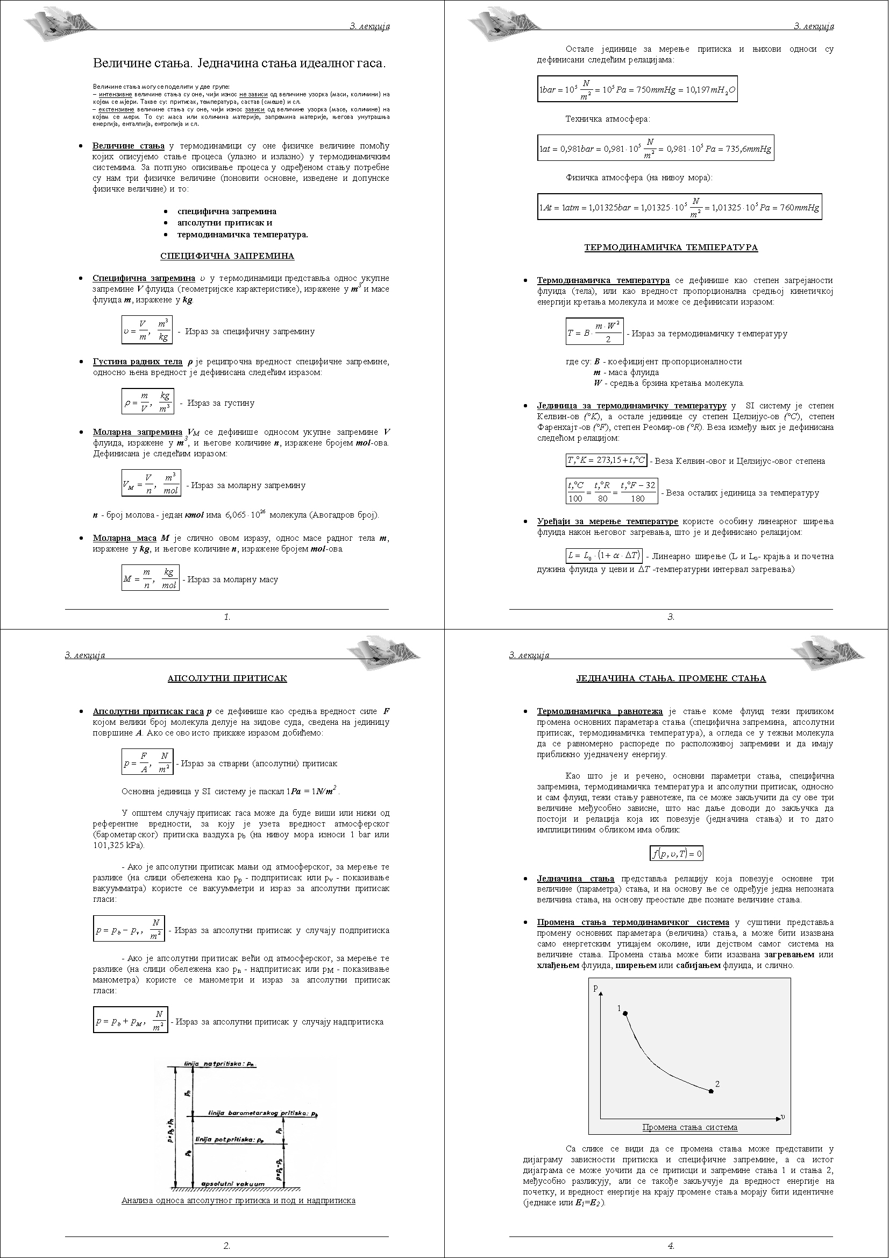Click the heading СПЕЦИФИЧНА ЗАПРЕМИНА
coord(227,256)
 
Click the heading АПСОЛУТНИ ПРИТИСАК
coord(227,679)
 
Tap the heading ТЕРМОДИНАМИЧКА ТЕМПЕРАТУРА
coord(671,247)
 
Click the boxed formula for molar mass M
coord(150,578)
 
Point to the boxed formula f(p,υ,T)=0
coord(677,853)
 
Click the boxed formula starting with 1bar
coord(637,90)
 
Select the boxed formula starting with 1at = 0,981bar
coord(655,149)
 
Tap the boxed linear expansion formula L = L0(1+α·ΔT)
coord(604,556)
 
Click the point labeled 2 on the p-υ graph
coord(711,1091)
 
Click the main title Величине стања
coord(239,63)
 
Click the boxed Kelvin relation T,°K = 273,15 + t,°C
coord(606,460)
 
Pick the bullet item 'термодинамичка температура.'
coord(242,235)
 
